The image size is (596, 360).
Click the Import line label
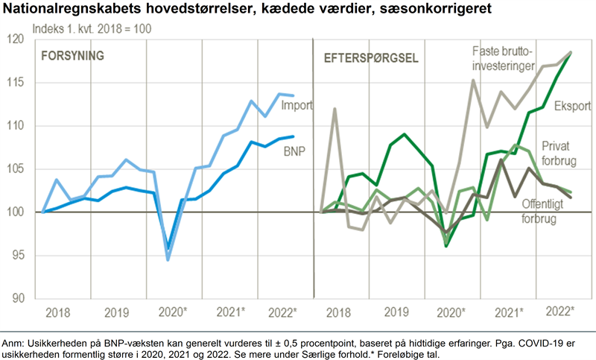(x=297, y=106)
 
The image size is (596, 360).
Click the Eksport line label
(x=571, y=106)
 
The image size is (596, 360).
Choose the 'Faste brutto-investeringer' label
(x=504, y=59)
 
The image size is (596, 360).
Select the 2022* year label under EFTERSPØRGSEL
(x=560, y=310)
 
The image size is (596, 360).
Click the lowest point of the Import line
(x=168, y=259)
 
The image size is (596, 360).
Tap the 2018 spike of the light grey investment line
(x=335, y=109)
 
